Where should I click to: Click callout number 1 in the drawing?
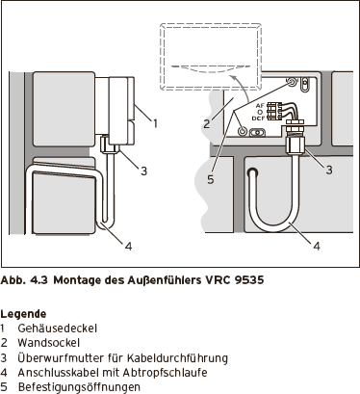[x=155, y=123]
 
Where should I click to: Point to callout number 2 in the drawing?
[x=207, y=123]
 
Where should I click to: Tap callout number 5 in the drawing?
[x=210, y=179]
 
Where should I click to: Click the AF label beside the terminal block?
[x=260, y=106]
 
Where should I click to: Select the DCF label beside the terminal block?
[x=258, y=118]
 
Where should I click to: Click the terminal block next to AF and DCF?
[x=272, y=111]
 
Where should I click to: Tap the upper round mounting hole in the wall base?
[x=292, y=82]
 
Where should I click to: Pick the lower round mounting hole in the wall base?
[x=243, y=131]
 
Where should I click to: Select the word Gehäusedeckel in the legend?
[x=58, y=328]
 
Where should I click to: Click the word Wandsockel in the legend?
[x=49, y=343]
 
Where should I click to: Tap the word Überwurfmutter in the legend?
[x=61, y=357]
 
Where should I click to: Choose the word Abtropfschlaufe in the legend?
[x=166, y=373]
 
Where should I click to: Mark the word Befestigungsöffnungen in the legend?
[x=79, y=387]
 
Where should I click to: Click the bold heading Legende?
[x=23, y=314]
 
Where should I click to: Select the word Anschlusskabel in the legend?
[x=59, y=373]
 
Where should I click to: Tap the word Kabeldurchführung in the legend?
[x=177, y=357]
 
